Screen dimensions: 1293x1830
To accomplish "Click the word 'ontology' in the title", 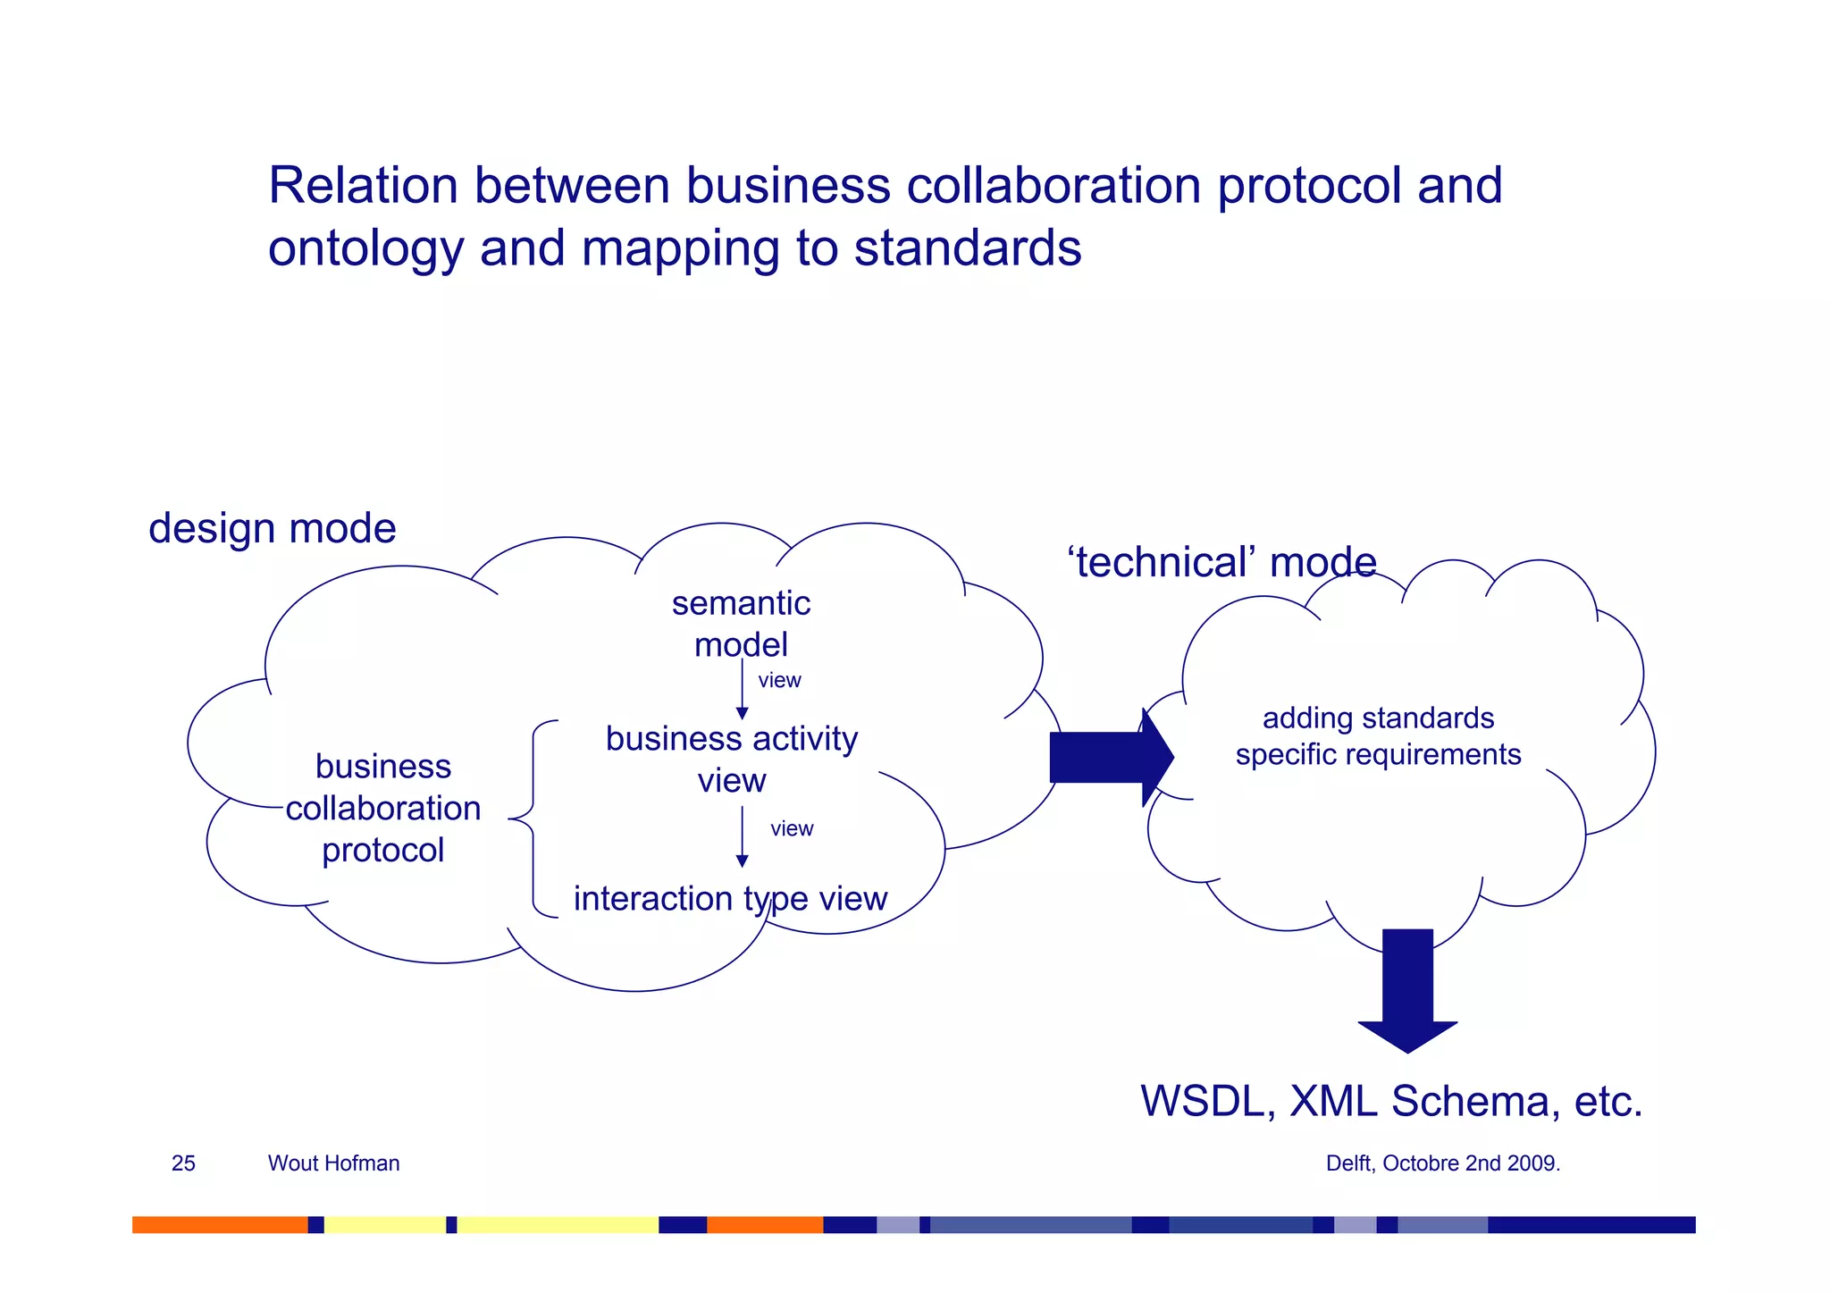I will tap(365, 249).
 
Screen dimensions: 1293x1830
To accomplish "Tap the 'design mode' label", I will tap(272, 528).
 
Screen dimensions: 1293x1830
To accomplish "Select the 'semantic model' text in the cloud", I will tap(741, 624).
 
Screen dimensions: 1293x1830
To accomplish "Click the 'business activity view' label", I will tap(731, 759).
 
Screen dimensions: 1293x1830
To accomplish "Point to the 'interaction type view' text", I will tap(730, 898).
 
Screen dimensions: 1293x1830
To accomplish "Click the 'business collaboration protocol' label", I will tap(383, 808).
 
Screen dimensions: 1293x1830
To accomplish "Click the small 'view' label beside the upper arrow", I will tap(779, 680).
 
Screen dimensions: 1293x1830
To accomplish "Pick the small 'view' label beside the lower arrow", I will tap(792, 828).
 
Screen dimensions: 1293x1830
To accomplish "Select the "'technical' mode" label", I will tap(1221, 563).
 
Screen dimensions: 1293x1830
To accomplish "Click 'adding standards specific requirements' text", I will tap(1378, 736).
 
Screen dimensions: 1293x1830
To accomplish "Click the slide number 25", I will tap(183, 1163).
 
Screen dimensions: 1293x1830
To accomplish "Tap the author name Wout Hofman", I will tap(333, 1163).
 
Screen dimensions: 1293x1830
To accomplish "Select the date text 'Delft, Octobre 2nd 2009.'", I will tap(1442, 1163).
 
